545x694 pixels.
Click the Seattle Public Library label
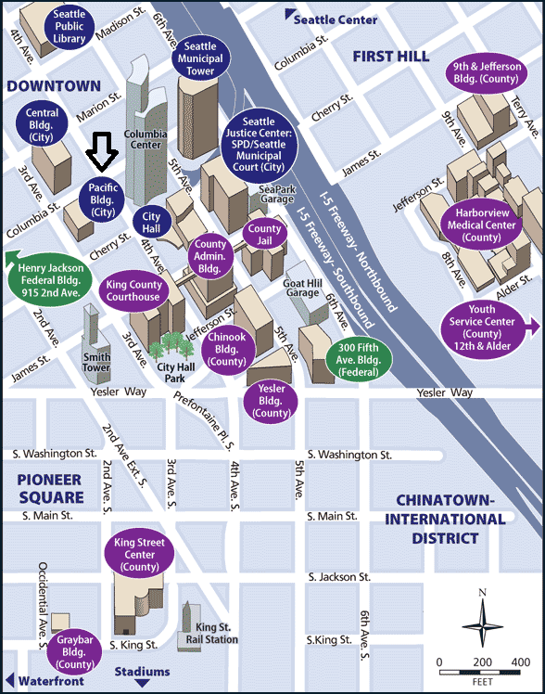click(x=69, y=27)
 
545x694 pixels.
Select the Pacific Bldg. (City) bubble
click(x=102, y=199)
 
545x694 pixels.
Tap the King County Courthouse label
click(x=133, y=290)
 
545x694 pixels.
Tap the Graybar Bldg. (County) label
click(x=73, y=652)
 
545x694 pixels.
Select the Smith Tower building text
click(x=95, y=362)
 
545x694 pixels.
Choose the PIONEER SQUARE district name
click(x=48, y=489)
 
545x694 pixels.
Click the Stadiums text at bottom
click(x=142, y=671)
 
